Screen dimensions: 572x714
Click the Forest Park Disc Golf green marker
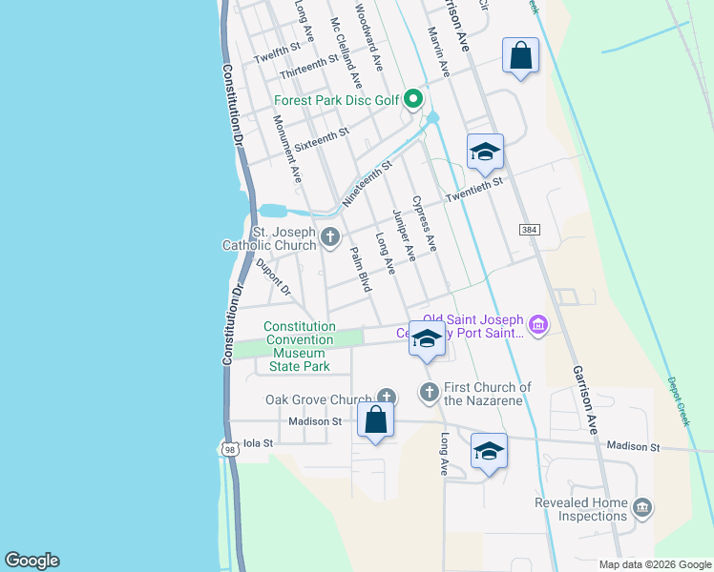tap(412, 98)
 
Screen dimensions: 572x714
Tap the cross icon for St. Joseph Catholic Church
tap(330, 237)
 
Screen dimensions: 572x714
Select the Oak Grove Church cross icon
tap(387, 396)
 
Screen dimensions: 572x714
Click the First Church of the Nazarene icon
tap(430, 392)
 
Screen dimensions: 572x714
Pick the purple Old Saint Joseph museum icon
tap(538, 326)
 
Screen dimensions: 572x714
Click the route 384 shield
tap(530, 231)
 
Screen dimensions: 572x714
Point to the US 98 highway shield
tap(228, 449)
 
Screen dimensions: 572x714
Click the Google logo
tap(31, 561)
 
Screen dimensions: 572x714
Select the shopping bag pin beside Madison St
tap(376, 419)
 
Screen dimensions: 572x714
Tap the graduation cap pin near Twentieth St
tap(485, 152)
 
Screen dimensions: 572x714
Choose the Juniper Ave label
tap(404, 235)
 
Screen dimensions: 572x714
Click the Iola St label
tap(258, 443)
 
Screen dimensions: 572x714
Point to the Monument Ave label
tap(286, 149)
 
